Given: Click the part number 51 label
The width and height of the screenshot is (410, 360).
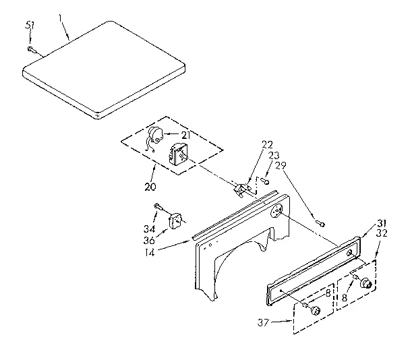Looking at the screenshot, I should point(30,26).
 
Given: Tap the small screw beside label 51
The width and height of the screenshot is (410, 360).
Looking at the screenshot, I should point(31,49).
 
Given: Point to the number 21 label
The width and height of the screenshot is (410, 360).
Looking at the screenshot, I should point(184,135).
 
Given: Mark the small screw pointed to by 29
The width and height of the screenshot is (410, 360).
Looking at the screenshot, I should point(320,222).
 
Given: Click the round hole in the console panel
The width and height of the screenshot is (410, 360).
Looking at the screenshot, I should point(276,212).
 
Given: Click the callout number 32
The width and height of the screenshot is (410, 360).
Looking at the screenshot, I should point(382,234).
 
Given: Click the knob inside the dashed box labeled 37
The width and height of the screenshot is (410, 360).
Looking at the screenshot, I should point(314,311).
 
